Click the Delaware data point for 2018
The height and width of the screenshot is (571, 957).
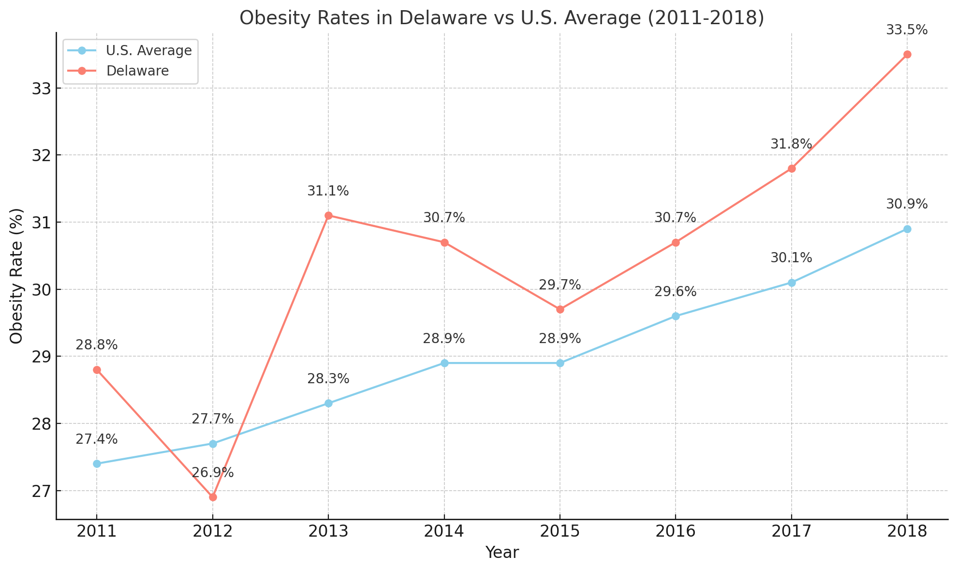pyautogui.click(x=907, y=54)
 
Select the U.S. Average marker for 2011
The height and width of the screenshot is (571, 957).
pyautogui.click(x=97, y=464)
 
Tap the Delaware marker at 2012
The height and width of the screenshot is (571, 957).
pyautogui.click(x=213, y=497)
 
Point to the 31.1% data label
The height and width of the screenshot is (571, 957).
pyautogui.click(x=328, y=191)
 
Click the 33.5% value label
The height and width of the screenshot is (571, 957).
pyautogui.click(x=907, y=30)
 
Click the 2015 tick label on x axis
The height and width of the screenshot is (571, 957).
pyautogui.click(x=559, y=532)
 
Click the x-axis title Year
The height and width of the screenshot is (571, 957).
pyautogui.click(x=502, y=553)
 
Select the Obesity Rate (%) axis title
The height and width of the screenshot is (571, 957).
pyautogui.click(x=17, y=276)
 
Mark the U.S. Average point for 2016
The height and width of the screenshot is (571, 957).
pyautogui.click(x=676, y=316)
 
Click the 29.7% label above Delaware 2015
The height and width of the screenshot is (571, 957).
pyautogui.click(x=559, y=285)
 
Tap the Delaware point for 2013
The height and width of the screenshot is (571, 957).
pyautogui.click(x=328, y=215)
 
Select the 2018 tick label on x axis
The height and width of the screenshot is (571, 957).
pyautogui.click(x=907, y=532)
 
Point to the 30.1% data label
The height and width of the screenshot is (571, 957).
pyautogui.click(x=791, y=258)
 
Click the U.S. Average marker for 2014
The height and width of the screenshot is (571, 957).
pyautogui.click(x=444, y=363)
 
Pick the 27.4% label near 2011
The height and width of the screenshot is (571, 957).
pyautogui.click(x=97, y=439)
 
